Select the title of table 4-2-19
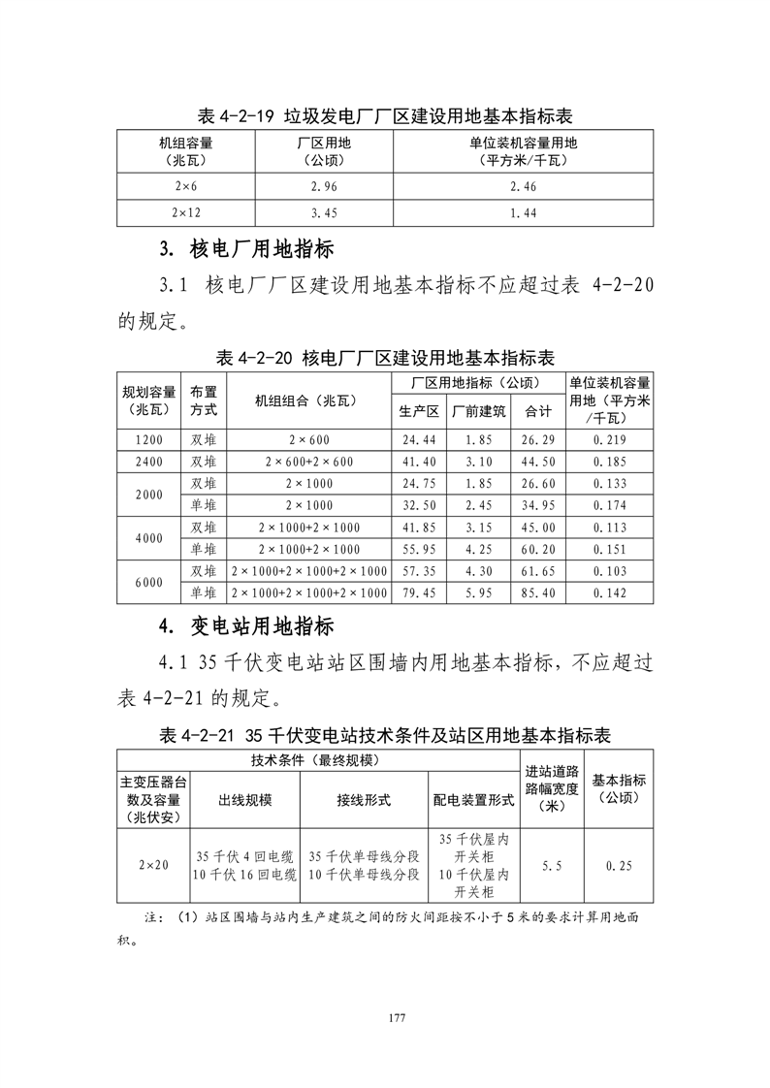tap(385, 116)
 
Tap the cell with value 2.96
tap(324, 185)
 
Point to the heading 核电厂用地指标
tap(246, 249)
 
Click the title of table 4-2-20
tap(385, 357)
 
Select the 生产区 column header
tap(419, 411)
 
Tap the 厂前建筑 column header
tap(479, 411)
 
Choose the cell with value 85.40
tap(539, 592)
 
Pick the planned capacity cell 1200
tap(149, 440)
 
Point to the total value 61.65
tap(539, 571)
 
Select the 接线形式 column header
tap(364, 800)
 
